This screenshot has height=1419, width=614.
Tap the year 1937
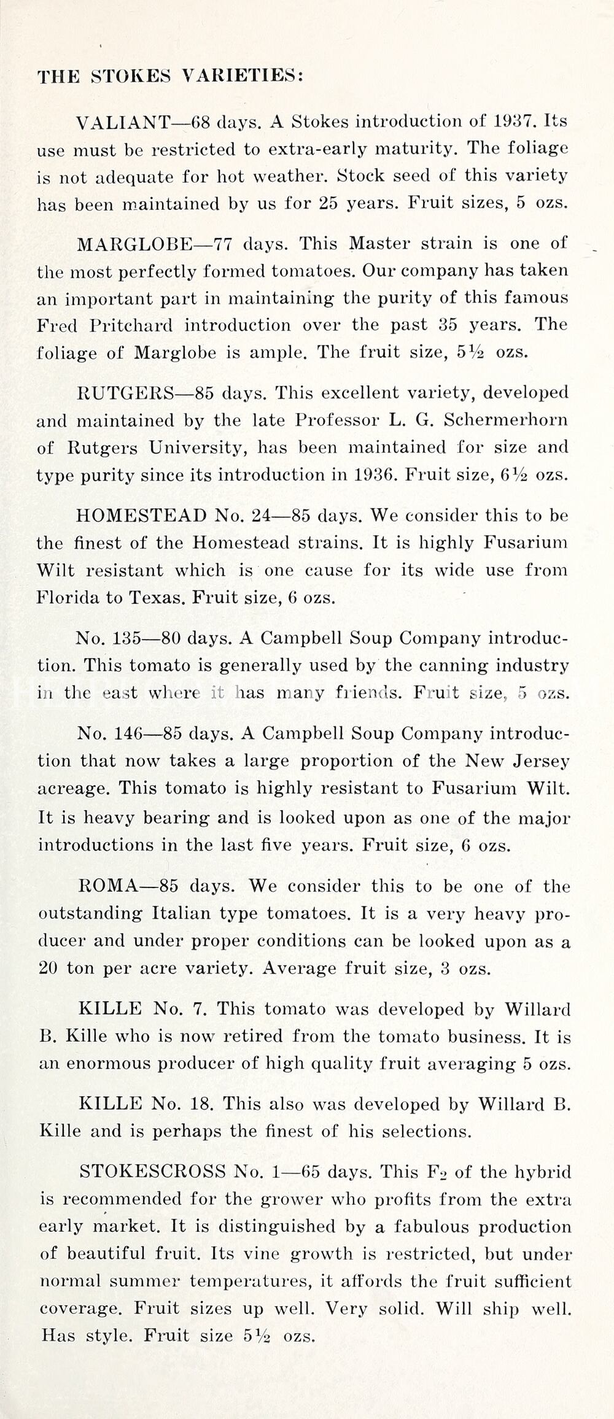[x=516, y=121]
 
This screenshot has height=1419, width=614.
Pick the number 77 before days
[x=222, y=244]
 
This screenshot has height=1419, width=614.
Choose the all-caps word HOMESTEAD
[x=141, y=516]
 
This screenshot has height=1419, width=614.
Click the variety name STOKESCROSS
[x=152, y=1172]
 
